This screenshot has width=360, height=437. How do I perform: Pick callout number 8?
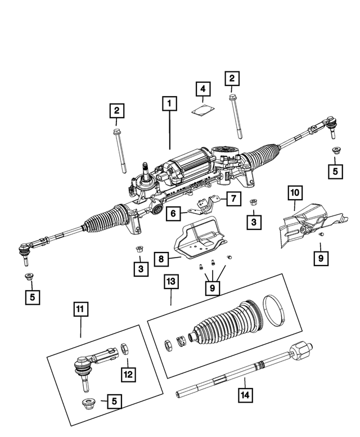(x=161, y=259)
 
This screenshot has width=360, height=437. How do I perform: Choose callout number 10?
(x=295, y=192)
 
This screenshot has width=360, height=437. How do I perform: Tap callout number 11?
(x=80, y=309)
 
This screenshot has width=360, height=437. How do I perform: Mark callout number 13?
(x=170, y=281)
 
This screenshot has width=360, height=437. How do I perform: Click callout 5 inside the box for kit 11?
(x=114, y=402)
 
